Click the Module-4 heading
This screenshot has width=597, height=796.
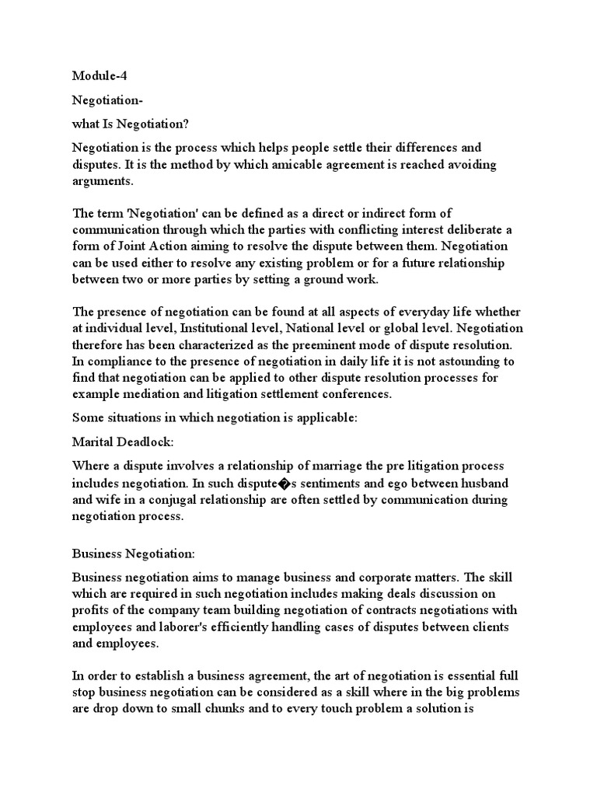pyautogui.click(x=100, y=75)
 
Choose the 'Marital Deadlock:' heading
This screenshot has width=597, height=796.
pyautogui.click(x=123, y=442)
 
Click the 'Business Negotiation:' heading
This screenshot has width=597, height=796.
pyautogui.click(x=133, y=553)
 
